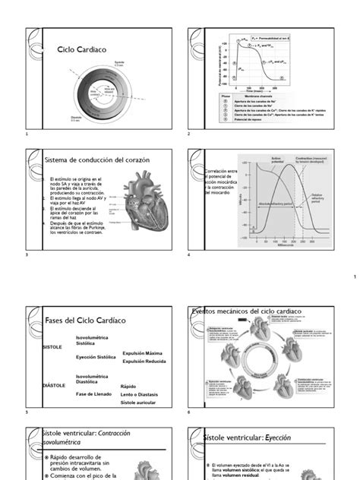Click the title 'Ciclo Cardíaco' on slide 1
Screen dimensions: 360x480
(81, 49)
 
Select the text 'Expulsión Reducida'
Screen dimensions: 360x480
(144, 362)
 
